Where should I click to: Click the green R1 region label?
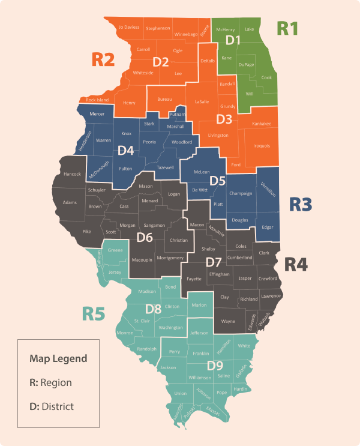(x=287, y=28)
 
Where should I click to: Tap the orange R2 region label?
(x=103, y=59)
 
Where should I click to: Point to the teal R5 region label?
(x=94, y=313)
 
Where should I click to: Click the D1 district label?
(x=233, y=40)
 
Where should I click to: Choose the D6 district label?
(x=145, y=237)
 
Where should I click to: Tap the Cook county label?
(x=266, y=77)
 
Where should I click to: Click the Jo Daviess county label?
(x=129, y=28)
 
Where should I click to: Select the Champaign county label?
(x=241, y=194)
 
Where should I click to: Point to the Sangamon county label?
(x=154, y=225)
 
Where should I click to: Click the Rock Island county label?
(x=97, y=100)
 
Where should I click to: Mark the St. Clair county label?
(x=142, y=321)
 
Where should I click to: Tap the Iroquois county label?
(x=262, y=145)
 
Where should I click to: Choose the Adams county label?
(x=70, y=202)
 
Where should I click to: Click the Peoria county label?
(x=149, y=142)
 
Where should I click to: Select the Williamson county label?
(x=200, y=378)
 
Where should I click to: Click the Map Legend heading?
(x=58, y=359)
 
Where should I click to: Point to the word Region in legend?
(x=56, y=382)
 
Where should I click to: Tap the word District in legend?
(x=58, y=406)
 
